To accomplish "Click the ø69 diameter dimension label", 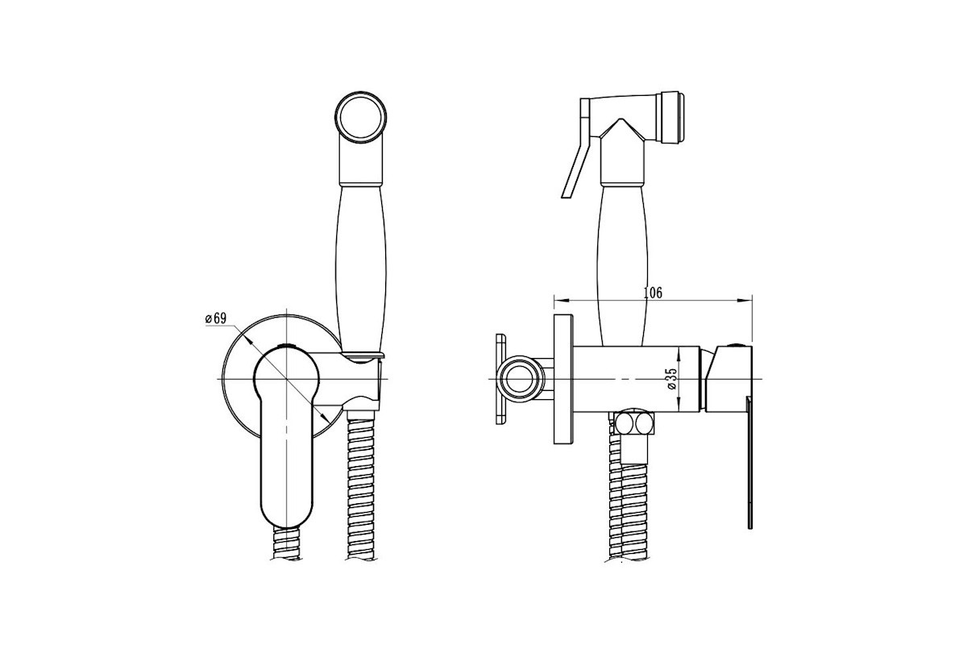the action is (x=215, y=318).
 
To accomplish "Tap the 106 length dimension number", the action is (x=652, y=293).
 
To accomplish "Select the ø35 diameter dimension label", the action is (x=672, y=378).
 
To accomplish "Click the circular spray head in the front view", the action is (x=360, y=117).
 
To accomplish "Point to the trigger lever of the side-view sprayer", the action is (x=577, y=148).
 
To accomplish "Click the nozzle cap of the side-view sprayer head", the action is (x=670, y=117).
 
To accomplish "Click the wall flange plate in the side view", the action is (x=563, y=379).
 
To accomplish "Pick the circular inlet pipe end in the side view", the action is (x=521, y=379).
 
